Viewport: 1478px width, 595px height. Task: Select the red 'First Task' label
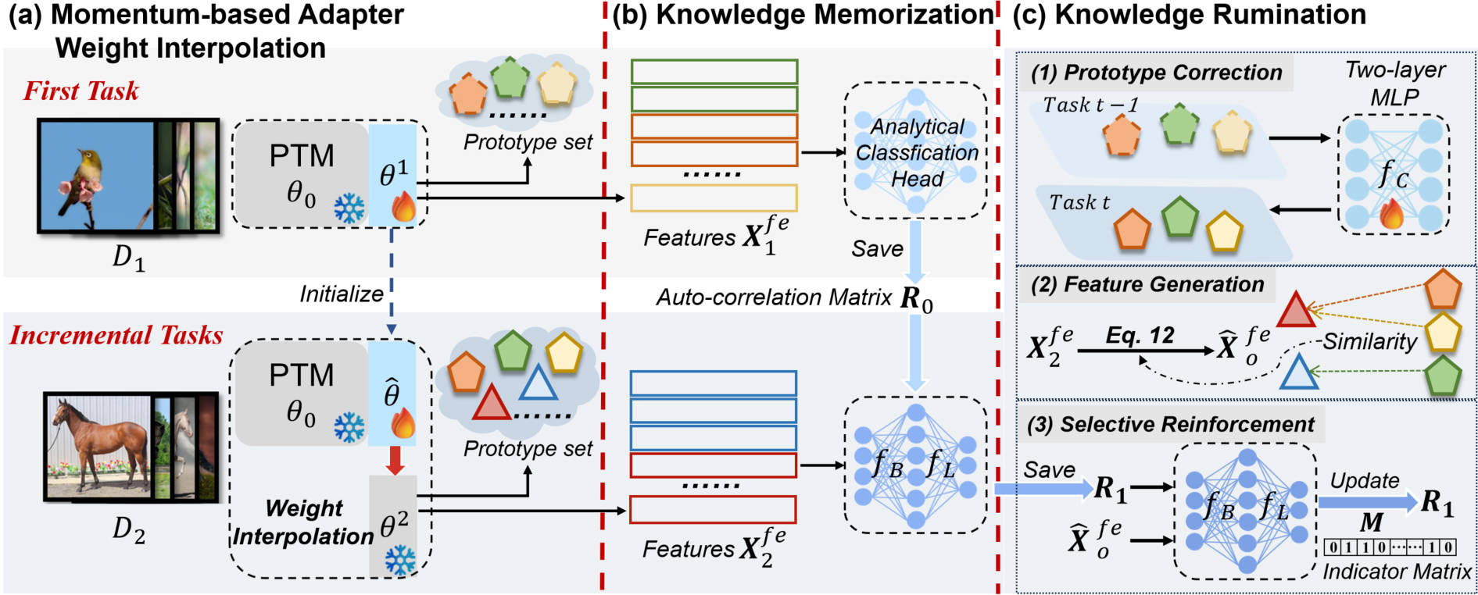81,91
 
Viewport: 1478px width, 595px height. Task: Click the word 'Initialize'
342,294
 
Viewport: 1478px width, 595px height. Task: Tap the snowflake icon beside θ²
400,560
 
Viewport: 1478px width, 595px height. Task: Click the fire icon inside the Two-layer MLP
1391,212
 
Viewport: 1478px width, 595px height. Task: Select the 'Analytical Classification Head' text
917,152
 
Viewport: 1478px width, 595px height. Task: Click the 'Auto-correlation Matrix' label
774,297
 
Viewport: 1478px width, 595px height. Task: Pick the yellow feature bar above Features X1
714,198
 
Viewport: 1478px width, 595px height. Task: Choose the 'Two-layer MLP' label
1395,84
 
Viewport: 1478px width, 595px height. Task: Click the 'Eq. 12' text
1140,336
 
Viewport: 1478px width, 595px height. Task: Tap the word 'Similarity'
1369,341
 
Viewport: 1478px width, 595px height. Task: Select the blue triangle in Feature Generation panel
1298,372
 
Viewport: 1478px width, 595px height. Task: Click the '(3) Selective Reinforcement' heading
1170,425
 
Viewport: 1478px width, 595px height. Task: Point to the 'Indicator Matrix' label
1396,572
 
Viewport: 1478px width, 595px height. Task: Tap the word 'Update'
1365,480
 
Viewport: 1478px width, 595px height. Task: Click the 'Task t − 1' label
1090,105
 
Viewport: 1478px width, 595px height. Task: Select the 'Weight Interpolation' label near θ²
303,522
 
